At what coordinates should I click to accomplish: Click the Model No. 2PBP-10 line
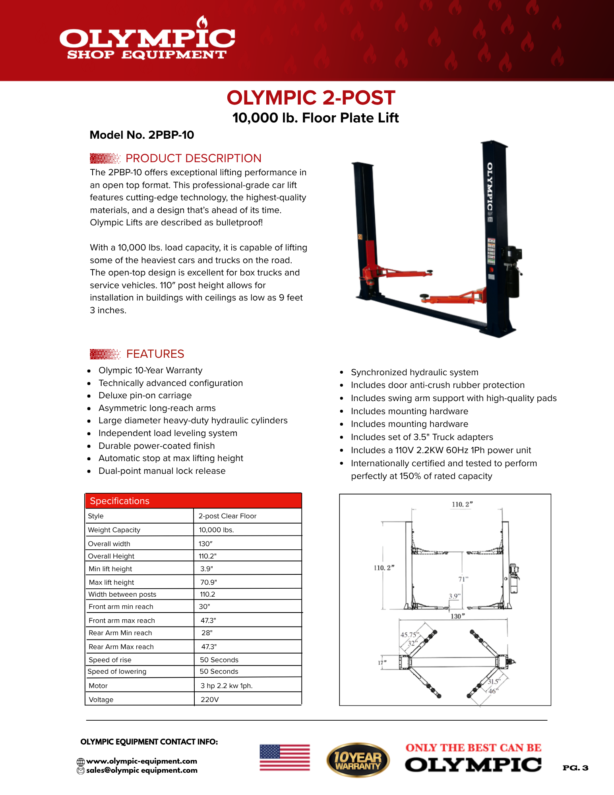click(142, 135)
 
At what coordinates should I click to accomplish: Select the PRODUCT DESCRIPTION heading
click(193, 158)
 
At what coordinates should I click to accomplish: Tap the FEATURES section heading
click(155, 354)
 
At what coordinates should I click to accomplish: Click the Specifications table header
click(194, 501)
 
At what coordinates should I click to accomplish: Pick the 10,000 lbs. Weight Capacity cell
click(217, 530)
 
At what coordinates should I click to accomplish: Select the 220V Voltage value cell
click(210, 700)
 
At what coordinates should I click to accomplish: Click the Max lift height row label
click(112, 582)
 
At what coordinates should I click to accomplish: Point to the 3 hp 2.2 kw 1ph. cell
click(227, 686)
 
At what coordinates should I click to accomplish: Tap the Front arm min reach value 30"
click(204, 607)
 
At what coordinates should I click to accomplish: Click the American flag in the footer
click(285, 758)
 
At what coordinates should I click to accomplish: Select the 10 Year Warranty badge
click(358, 760)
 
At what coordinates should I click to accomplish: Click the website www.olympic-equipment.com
click(141, 761)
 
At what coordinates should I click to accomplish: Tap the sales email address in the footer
click(141, 770)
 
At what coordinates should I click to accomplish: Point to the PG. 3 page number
click(575, 768)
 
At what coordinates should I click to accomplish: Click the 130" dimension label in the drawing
click(457, 617)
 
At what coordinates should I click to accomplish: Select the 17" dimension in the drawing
click(382, 663)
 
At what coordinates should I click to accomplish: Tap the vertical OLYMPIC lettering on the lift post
click(490, 187)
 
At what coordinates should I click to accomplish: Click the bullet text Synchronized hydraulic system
click(414, 372)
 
